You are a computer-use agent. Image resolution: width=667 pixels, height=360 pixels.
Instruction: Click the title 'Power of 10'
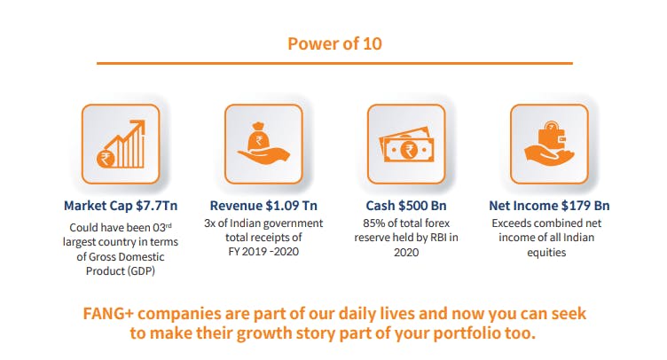coord(334,43)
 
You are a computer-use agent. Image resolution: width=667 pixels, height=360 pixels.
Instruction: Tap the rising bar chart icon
coord(122,144)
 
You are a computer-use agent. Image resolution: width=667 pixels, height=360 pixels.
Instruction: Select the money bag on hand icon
coord(263,144)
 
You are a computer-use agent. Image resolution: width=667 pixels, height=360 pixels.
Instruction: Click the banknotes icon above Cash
coord(406,145)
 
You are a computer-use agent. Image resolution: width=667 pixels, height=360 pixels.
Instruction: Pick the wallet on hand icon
coord(549,144)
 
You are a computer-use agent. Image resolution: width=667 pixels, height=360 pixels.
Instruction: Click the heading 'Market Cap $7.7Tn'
coord(121,206)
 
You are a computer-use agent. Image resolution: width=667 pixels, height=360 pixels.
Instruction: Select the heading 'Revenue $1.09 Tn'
coord(263,206)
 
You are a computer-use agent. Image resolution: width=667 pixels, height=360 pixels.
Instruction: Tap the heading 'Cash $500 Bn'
coord(406,206)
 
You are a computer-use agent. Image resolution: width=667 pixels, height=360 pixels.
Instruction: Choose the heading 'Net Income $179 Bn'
coord(549,206)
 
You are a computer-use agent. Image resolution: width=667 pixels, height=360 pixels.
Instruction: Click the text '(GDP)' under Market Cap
coord(141,271)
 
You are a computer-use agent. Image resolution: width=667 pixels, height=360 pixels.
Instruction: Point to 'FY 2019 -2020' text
coord(263,252)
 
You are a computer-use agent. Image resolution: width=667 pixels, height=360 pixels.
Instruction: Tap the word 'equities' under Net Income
coord(546,253)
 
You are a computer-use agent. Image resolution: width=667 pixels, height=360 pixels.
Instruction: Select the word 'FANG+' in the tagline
coord(108,314)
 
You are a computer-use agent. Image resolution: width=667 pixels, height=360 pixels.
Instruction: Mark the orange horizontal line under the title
coord(334,63)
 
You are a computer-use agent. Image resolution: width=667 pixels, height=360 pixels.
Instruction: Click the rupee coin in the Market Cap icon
coord(106,159)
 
